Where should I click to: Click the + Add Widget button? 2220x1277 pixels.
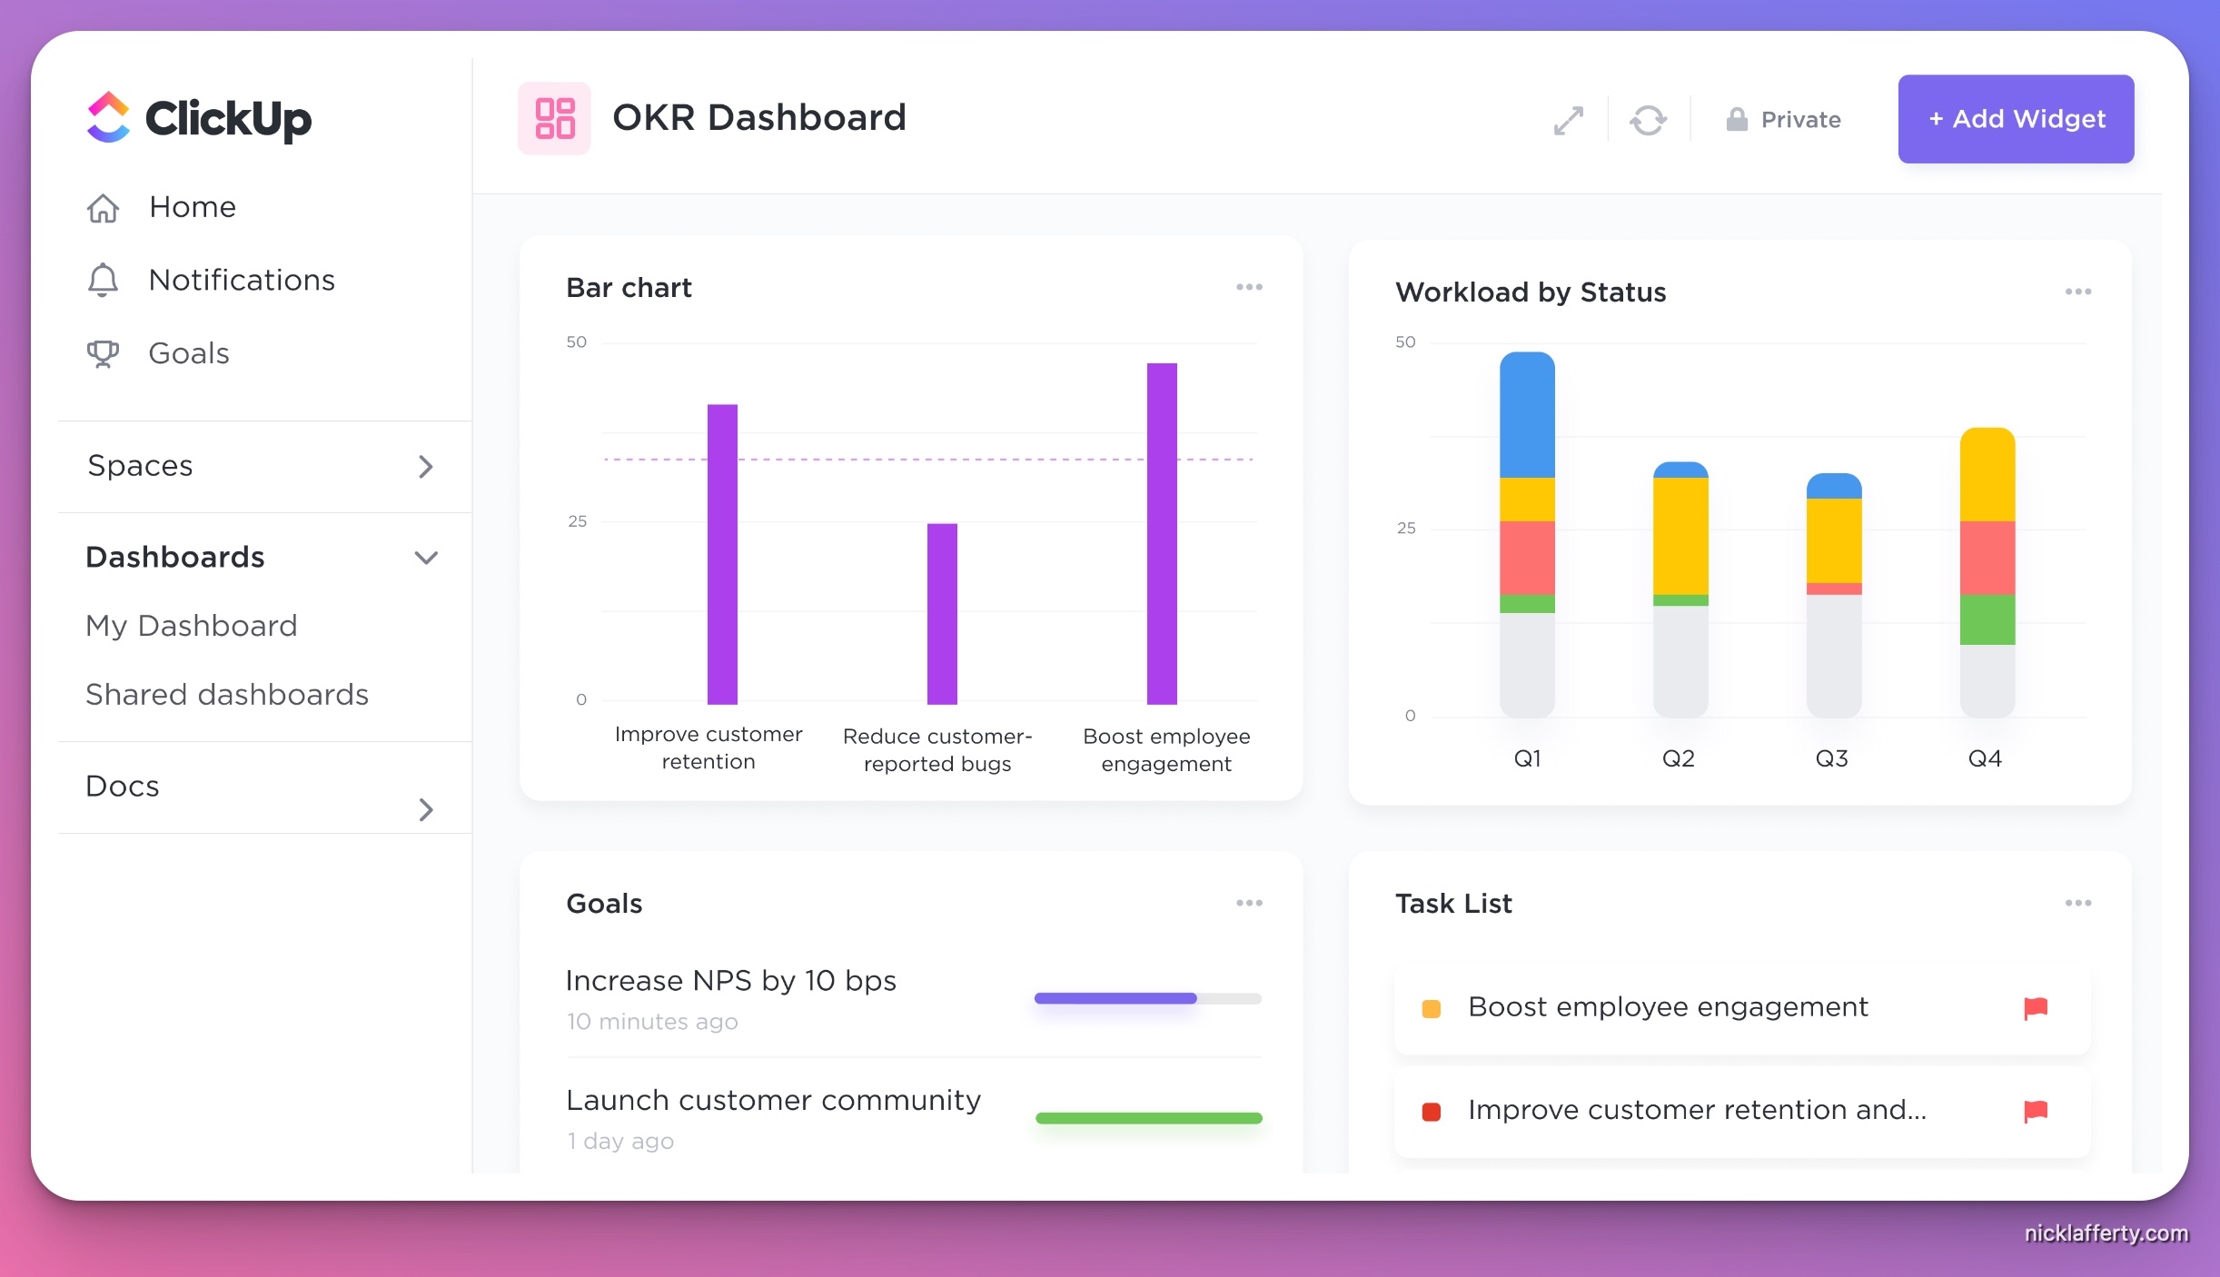tap(2015, 119)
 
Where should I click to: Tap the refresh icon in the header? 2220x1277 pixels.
tap(1648, 120)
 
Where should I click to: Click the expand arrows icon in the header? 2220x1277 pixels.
tap(1569, 120)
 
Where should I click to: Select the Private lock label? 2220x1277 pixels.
tap(1784, 120)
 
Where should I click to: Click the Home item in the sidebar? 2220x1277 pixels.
tap(192, 207)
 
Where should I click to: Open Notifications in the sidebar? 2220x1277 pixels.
tap(241, 280)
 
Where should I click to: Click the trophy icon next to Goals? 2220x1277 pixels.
tap(103, 353)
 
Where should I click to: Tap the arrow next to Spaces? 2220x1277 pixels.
tap(425, 467)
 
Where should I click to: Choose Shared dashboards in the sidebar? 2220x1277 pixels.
tap(227, 695)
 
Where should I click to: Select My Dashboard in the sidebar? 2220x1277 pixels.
tap(192, 626)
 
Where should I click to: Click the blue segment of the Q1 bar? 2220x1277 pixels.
tap(1527, 416)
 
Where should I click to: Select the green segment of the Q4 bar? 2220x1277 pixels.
tap(1987, 619)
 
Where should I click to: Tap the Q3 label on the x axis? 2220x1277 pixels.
tap(1831, 758)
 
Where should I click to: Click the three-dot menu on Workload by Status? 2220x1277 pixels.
tap(2077, 292)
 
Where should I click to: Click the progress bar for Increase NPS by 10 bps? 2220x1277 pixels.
tap(1147, 998)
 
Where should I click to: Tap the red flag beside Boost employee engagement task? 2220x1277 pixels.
tap(2036, 1007)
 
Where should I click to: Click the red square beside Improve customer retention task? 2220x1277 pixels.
tap(1432, 1112)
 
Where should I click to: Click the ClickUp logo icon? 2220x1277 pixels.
tap(109, 118)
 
